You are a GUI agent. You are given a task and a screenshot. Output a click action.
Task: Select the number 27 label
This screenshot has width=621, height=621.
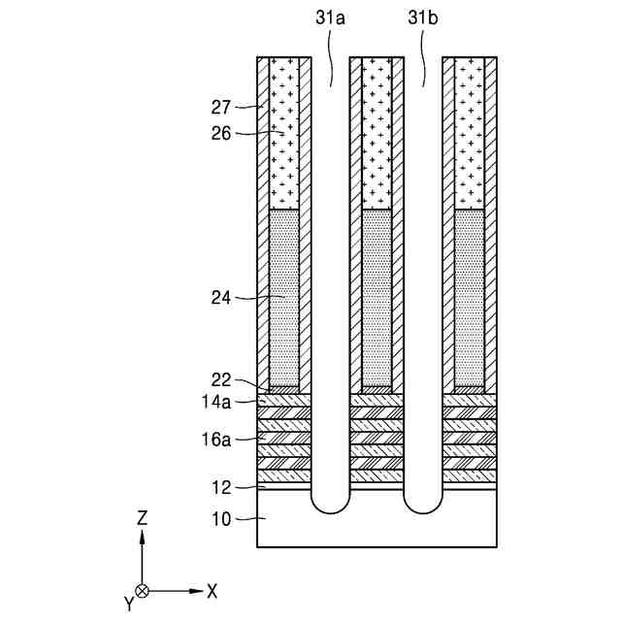tap(222, 107)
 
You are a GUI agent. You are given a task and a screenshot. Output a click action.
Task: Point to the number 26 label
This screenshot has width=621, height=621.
tap(222, 133)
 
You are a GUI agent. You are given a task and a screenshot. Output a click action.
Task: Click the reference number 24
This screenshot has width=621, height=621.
tap(222, 299)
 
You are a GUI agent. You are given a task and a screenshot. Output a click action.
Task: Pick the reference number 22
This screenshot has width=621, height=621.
tap(222, 380)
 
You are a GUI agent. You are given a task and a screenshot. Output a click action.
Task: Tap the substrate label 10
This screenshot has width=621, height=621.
tap(222, 519)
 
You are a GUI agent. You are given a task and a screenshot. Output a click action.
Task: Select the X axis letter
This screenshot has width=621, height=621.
tap(212, 590)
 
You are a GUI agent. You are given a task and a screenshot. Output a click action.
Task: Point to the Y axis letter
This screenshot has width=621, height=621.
tap(129, 604)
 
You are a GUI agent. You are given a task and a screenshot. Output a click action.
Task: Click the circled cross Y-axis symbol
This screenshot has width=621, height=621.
tap(142, 590)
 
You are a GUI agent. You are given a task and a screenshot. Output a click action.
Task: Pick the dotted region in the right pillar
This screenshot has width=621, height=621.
tap(470, 296)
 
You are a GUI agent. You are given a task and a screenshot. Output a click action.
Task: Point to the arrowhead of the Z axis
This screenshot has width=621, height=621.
tap(142, 537)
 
